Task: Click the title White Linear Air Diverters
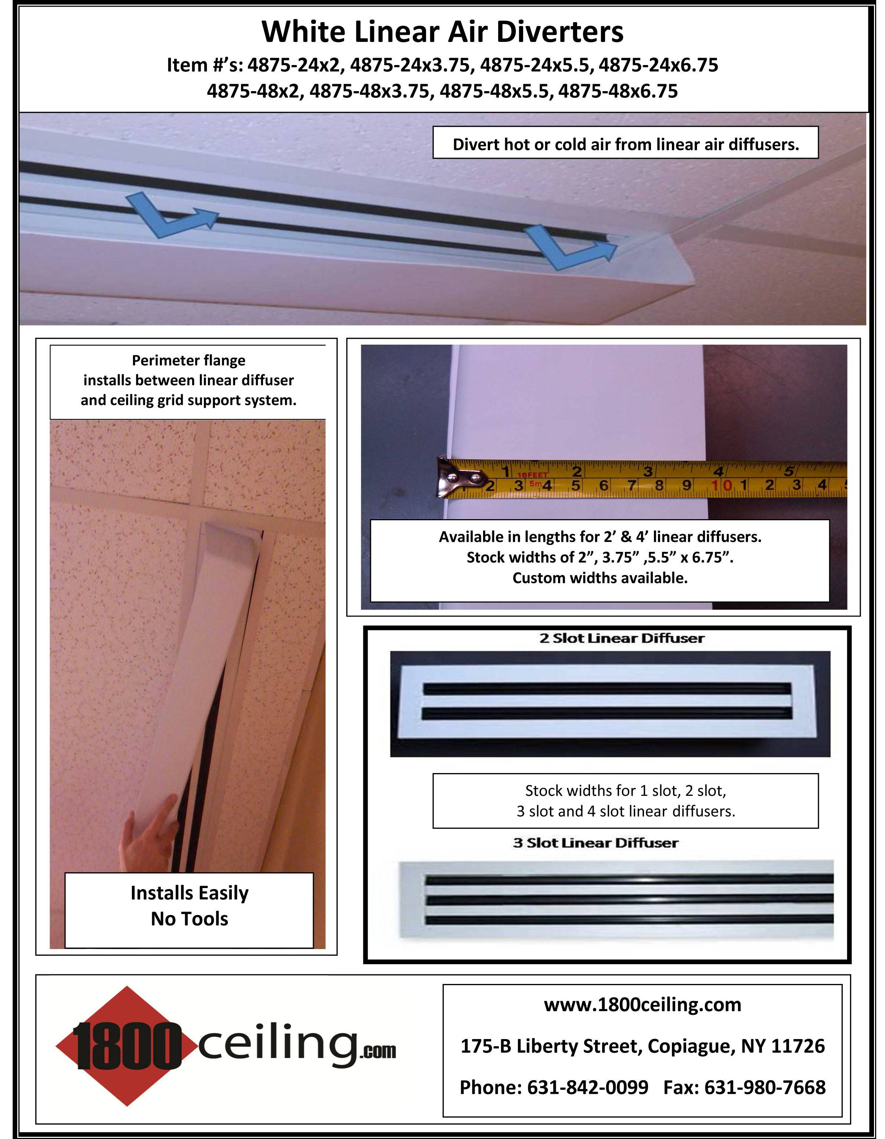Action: [442, 32]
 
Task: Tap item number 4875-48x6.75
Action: [618, 91]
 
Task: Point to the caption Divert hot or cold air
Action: [625, 144]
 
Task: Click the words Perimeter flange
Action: [188, 360]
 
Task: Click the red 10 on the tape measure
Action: [722, 485]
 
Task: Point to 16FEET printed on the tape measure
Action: [532, 475]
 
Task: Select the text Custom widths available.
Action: [600, 578]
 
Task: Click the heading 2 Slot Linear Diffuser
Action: [622, 638]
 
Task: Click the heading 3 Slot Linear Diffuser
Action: [596, 843]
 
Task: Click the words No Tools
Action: [189, 919]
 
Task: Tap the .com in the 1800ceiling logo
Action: [377, 1052]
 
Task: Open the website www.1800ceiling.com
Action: [643, 1005]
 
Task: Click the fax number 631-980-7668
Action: [765, 1087]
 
